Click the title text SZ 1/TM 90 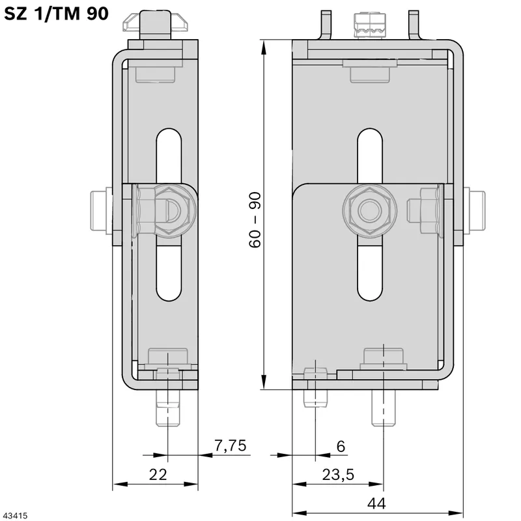tap(56, 14)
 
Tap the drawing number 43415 tap(14, 516)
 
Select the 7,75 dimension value tap(231, 446)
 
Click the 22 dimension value tap(158, 475)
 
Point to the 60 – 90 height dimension tap(255, 219)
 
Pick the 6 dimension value tap(341, 446)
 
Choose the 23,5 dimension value tap(338, 475)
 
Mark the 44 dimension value tap(376, 503)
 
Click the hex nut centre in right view tap(370, 211)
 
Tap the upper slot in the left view tap(169, 156)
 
